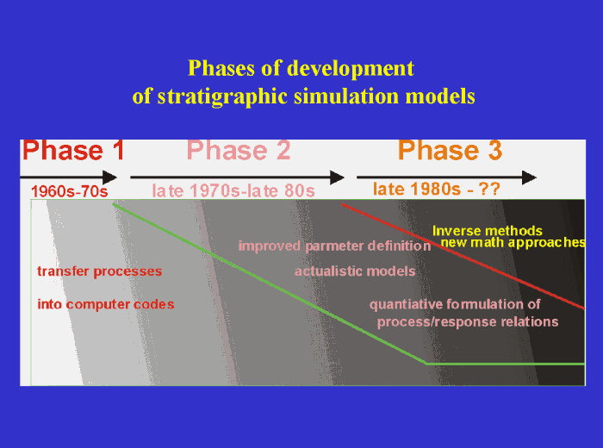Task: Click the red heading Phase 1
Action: pyautogui.click(x=74, y=151)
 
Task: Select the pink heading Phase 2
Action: pyautogui.click(x=239, y=151)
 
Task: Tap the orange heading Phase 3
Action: pyautogui.click(x=450, y=151)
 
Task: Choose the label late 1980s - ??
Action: pyautogui.click(x=437, y=188)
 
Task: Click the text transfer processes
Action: pyautogui.click(x=99, y=271)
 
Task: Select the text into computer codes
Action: pyautogui.click(x=106, y=304)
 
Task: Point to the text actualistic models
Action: pyautogui.click(x=355, y=271)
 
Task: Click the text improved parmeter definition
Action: pyautogui.click(x=334, y=246)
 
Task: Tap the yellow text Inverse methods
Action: pyautogui.click(x=488, y=231)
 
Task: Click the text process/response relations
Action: pyautogui.click(x=468, y=322)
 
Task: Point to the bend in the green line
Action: pyautogui.click(x=426, y=364)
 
